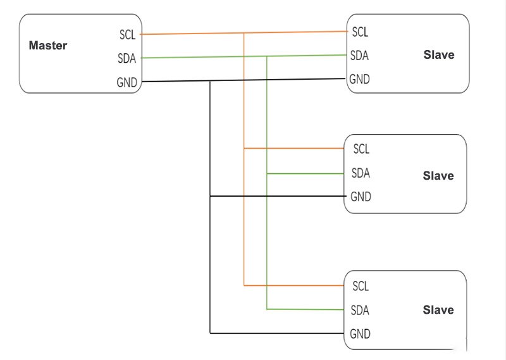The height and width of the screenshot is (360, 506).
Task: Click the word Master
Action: coord(48,46)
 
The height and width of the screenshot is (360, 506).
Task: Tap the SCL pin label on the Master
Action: coord(127,35)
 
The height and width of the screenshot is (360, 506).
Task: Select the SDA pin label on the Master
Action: coord(127,59)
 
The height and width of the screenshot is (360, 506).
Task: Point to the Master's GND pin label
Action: coord(127,83)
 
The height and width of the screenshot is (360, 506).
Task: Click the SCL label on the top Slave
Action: coord(360,32)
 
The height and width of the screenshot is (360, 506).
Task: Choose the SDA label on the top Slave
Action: coord(360,56)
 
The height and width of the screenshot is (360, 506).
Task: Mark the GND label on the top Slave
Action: coord(360,80)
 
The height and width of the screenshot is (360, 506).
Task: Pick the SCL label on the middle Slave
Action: coord(361,149)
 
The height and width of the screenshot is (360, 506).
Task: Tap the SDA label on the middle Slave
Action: coord(361,173)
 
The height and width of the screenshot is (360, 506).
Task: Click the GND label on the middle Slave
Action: coord(361,197)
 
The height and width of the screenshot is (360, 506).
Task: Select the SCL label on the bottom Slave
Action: coord(361,287)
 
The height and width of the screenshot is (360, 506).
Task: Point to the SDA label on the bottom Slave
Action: coord(361,310)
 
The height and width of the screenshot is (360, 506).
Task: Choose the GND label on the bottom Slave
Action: coord(361,333)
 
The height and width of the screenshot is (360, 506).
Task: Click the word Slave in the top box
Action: coord(438,55)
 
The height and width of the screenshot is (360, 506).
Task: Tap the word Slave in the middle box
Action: coord(438,176)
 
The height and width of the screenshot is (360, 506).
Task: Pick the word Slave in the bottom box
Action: coord(438,310)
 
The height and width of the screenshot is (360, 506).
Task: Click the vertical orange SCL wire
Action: coord(244,215)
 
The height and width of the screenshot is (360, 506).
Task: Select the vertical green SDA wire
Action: coord(267,240)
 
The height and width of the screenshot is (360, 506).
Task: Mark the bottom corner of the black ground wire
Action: coord(210,333)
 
